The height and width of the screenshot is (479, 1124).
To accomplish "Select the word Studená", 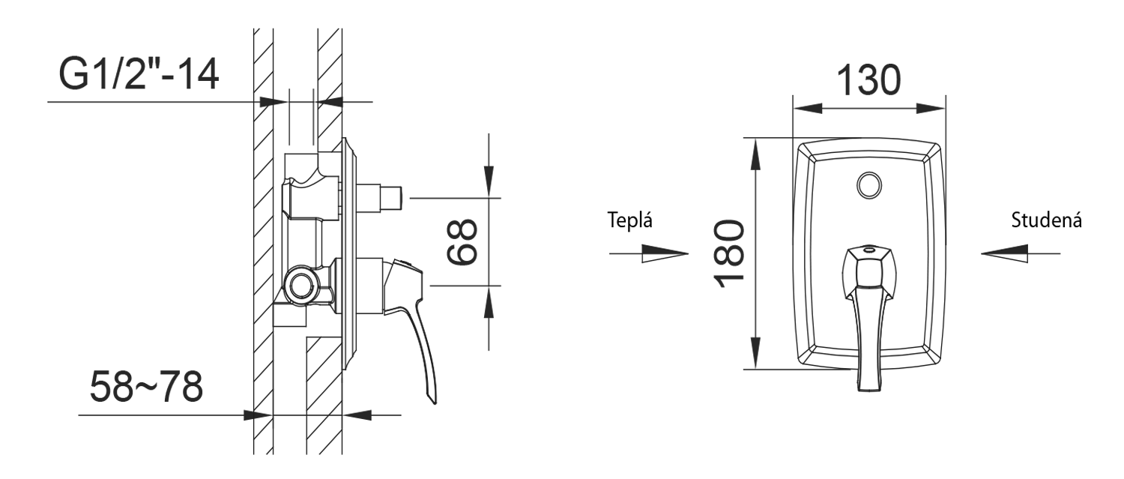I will [1045, 221].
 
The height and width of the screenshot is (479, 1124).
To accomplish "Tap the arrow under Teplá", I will [649, 253].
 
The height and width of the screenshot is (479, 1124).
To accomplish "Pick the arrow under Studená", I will [1021, 253].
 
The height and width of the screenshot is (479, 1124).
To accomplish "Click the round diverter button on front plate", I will [869, 184].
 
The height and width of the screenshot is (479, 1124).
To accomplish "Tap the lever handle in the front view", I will [869, 322].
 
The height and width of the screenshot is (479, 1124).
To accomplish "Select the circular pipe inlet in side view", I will [301, 284].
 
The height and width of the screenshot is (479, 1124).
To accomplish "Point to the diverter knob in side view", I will [390, 198].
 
